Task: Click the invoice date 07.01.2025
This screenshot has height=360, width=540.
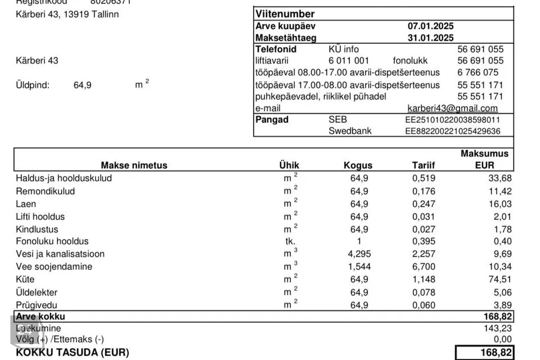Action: tap(430, 26)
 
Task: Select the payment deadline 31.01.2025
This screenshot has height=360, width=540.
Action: tap(430, 38)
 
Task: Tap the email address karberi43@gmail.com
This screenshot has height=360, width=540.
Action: tap(452, 108)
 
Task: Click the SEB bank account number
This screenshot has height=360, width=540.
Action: tap(452, 120)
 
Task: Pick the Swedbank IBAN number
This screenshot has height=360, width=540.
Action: tap(452, 131)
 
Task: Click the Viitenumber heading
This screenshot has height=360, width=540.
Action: tap(285, 14)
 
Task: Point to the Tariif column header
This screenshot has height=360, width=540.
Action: tap(423, 165)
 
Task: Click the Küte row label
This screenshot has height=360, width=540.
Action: tap(25, 279)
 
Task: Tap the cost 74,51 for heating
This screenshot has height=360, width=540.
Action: tap(499, 280)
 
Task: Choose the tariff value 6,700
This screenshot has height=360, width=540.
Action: tap(423, 267)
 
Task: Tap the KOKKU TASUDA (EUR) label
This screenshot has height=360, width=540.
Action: tap(73, 353)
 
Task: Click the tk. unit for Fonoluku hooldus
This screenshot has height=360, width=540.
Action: tap(290, 241)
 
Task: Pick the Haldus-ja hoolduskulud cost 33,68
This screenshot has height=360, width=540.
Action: tap(499, 178)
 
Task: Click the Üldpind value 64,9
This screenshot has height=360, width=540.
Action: tap(82, 85)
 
